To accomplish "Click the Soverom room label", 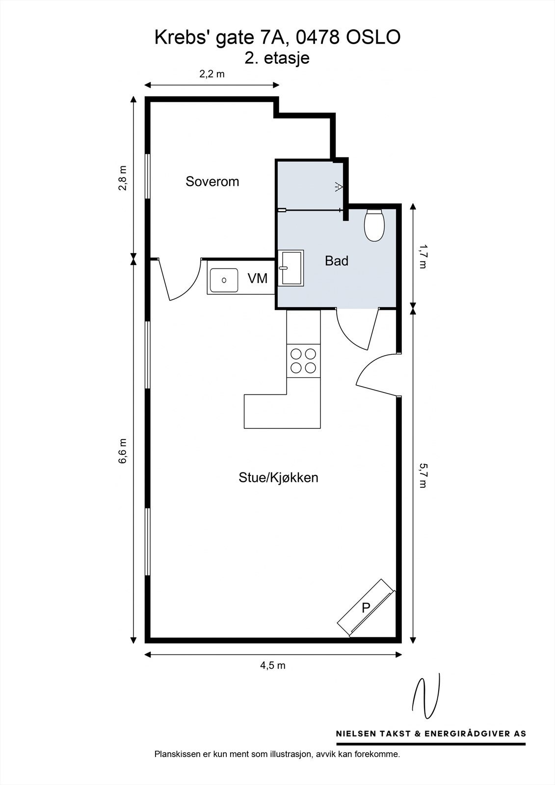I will click(x=212, y=182).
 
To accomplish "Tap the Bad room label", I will click(x=337, y=261).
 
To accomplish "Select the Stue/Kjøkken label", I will click(x=278, y=477).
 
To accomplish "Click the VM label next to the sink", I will click(x=257, y=279).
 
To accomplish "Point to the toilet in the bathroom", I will click(x=374, y=225).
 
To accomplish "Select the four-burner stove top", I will click(x=303, y=361).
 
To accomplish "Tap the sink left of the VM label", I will click(x=224, y=280).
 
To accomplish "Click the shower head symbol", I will click(x=338, y=186).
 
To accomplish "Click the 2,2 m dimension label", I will click(x=211, y=74).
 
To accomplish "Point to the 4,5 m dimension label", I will click(x=272, y=666).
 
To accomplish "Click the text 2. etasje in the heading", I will click(x=277, y=58).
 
